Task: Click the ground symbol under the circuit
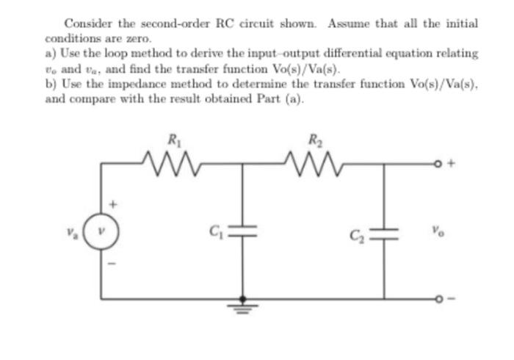[x=243, y=306]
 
